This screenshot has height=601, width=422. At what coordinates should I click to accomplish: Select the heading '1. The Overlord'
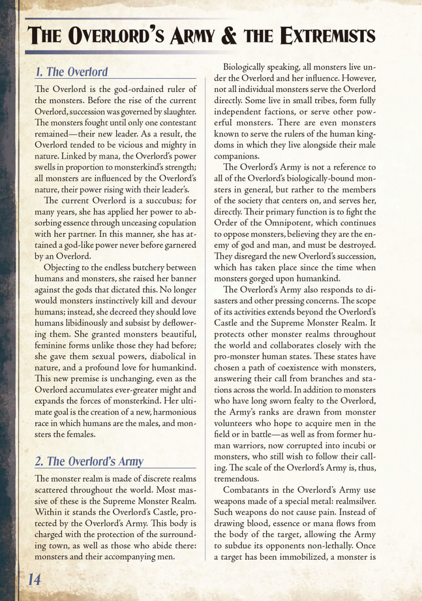(71, 72)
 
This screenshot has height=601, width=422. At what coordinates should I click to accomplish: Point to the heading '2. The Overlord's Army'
(89, 461)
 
